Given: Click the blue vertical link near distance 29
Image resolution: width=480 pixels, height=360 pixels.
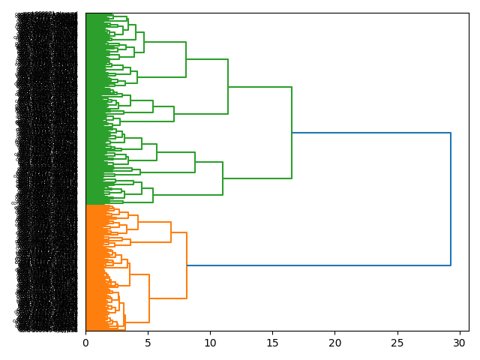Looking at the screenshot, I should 451,199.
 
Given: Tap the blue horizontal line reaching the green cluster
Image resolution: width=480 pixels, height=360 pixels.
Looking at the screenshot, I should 371,133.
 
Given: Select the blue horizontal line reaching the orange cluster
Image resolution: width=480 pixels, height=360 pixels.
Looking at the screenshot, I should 319,265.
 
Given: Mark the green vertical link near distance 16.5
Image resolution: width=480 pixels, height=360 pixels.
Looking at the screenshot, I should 292,133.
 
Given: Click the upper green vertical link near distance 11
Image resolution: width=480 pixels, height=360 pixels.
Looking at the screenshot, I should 228,86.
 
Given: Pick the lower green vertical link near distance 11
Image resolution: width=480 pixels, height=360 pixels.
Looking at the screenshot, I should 223,178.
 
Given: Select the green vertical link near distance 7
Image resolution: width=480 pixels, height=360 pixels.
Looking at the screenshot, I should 174,114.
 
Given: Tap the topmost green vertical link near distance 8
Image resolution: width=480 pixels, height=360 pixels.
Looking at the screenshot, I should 186,59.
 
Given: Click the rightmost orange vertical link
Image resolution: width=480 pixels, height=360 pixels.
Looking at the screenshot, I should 187,265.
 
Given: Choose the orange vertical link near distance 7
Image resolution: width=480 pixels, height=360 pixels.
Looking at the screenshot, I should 171,232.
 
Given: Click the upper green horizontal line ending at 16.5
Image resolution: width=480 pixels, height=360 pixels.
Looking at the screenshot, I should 259,87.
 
